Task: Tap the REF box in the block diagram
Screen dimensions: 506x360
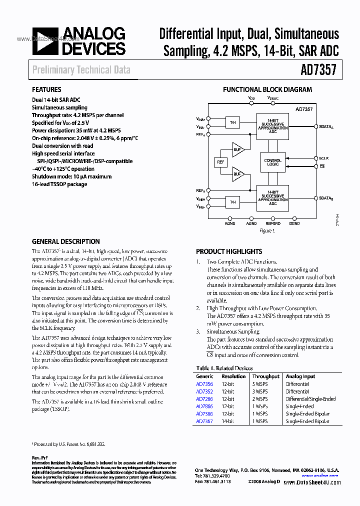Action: (220, 162)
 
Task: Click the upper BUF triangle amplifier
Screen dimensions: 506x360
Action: (237, 149)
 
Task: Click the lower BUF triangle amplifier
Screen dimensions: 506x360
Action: (237, 175)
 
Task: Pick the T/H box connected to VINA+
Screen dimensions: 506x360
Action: (232, 122)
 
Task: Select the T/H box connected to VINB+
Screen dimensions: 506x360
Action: (232, 202)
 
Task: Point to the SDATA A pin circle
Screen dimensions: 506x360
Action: (314, 127)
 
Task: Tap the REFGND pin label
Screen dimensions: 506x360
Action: (273, 224)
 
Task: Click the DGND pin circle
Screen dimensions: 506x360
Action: (294, 218)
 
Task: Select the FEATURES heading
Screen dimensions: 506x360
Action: (46, 90)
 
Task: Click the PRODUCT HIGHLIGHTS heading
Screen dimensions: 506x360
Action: (229, 251)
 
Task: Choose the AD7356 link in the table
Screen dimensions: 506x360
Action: (204, 384)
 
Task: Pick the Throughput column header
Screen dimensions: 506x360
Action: (266, 376)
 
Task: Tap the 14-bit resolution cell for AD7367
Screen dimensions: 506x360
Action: (227, 421)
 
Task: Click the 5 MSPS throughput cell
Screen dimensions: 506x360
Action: (260, 384)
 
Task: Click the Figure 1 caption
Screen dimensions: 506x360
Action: (267, 231)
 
